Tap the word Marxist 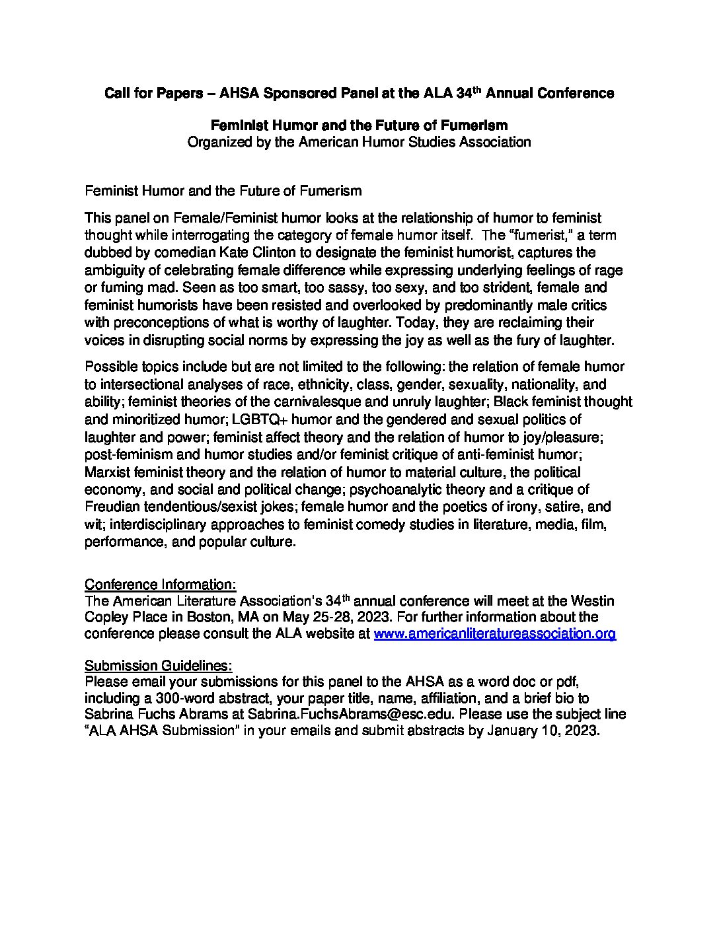pyautogui.click(x=108, y=472)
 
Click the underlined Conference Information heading pyautogui.click(x=160, y=585)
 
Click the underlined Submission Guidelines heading pyautogui.click(x=159, y=664)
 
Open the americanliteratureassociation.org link pyautogui.click(x=495, y=634)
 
